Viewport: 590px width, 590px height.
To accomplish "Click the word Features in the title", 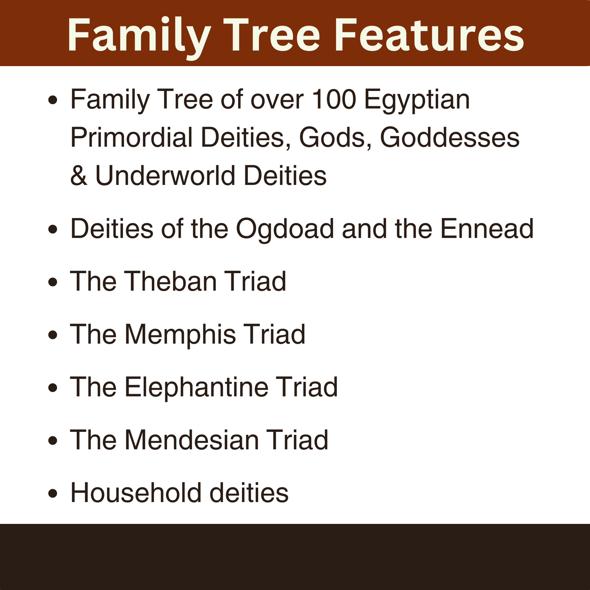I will click(429, 35).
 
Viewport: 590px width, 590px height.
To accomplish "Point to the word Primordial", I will click(132, 137).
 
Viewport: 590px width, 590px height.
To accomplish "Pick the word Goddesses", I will click(450, 137).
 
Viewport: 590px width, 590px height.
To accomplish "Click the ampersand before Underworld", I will click(79, 176).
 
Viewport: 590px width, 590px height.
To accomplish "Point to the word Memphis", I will click(180, 334).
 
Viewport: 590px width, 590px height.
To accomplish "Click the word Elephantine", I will click(196, 387).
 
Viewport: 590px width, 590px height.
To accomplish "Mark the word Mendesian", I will click(192, 440).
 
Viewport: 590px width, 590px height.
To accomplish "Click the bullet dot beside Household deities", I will click(53, 494).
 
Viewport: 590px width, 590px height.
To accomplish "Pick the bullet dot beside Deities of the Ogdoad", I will click(53, 229).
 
